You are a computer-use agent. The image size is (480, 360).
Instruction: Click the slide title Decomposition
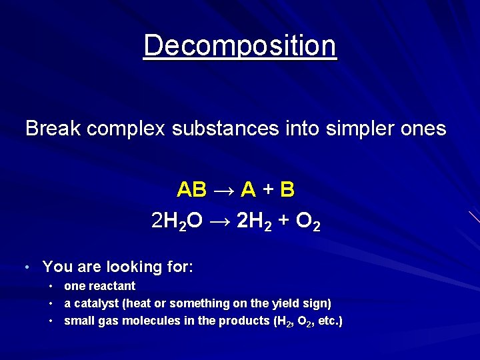(240, 46)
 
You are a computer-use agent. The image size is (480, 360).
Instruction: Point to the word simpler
(354, 128)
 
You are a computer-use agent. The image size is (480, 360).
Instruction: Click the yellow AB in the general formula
(191, 190)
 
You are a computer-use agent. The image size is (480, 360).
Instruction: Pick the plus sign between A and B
(267, 191)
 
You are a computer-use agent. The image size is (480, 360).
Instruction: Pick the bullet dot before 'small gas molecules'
(51, 321)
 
